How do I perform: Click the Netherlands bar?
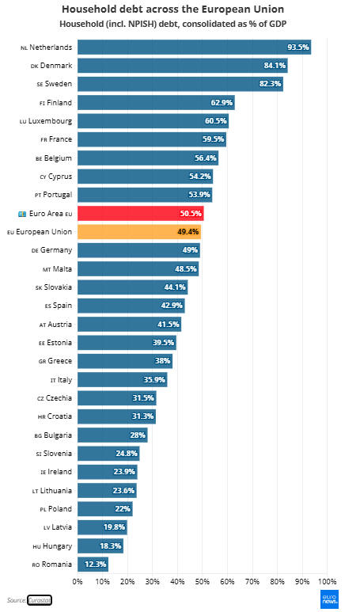click(x=194, y=48)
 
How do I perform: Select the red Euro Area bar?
click(x=140, y=214)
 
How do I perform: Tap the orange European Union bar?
click(x=139, y=232)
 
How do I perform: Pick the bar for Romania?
click(x=93, y=564)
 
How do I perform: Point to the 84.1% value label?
click(x=275, y=66)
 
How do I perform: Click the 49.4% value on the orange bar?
click(x=188, y=232)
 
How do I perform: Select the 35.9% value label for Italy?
click(x=154, y=379)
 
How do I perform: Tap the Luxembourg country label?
click(x=46, y=121)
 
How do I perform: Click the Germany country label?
click(x=52, y=250)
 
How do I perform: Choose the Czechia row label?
click(x=55, y=398)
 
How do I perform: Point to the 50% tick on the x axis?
click(x=202, y=582)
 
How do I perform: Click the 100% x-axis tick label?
click(x=327, y=582)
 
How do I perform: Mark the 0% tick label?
click(x=78, y=582)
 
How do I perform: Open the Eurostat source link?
click(x=40, y=600)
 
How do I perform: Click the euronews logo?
click(x=330, y=599)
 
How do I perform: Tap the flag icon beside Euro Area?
click(x=22, y=214)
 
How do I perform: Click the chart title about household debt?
click(x=172, y=9)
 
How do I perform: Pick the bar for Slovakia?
click(x=133, y=287)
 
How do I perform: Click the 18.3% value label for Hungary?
click(x=111, y=545)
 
